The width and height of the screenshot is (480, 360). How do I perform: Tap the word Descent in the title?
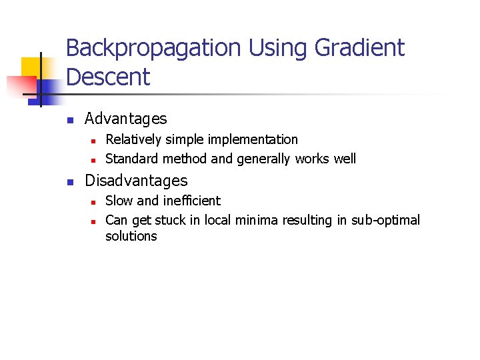(108, 77)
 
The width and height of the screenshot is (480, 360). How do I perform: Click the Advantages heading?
(126, 119)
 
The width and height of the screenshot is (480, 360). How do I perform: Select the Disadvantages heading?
(136, 181)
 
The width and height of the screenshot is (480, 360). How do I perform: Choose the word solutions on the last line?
(131, 236)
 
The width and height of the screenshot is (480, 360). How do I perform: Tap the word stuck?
(171, 220)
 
